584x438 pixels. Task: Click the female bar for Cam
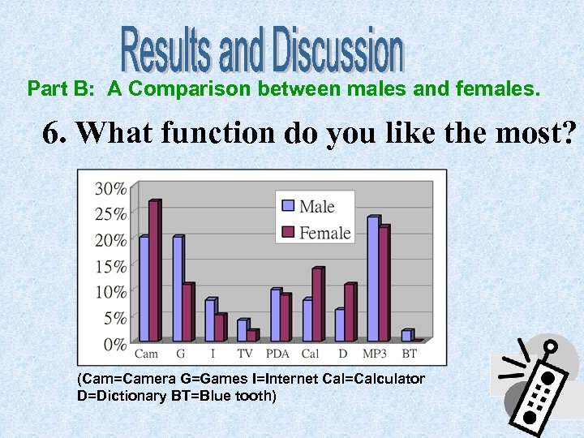pos(154,271)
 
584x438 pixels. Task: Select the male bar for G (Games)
pos(178,289)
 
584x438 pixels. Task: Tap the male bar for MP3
pos(373,279)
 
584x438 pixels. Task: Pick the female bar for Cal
pos(317,305)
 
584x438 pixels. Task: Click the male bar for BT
pos(406,335)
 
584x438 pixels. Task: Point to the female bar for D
pos(350,312)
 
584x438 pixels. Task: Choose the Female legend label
pos(324,233)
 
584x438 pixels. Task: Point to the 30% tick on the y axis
pos(111,189)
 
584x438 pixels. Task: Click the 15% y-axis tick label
pos(111,266)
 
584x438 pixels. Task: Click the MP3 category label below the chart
pos(375,354)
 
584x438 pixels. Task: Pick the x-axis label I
pos(213,354)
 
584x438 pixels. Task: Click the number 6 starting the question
pos(54,132)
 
